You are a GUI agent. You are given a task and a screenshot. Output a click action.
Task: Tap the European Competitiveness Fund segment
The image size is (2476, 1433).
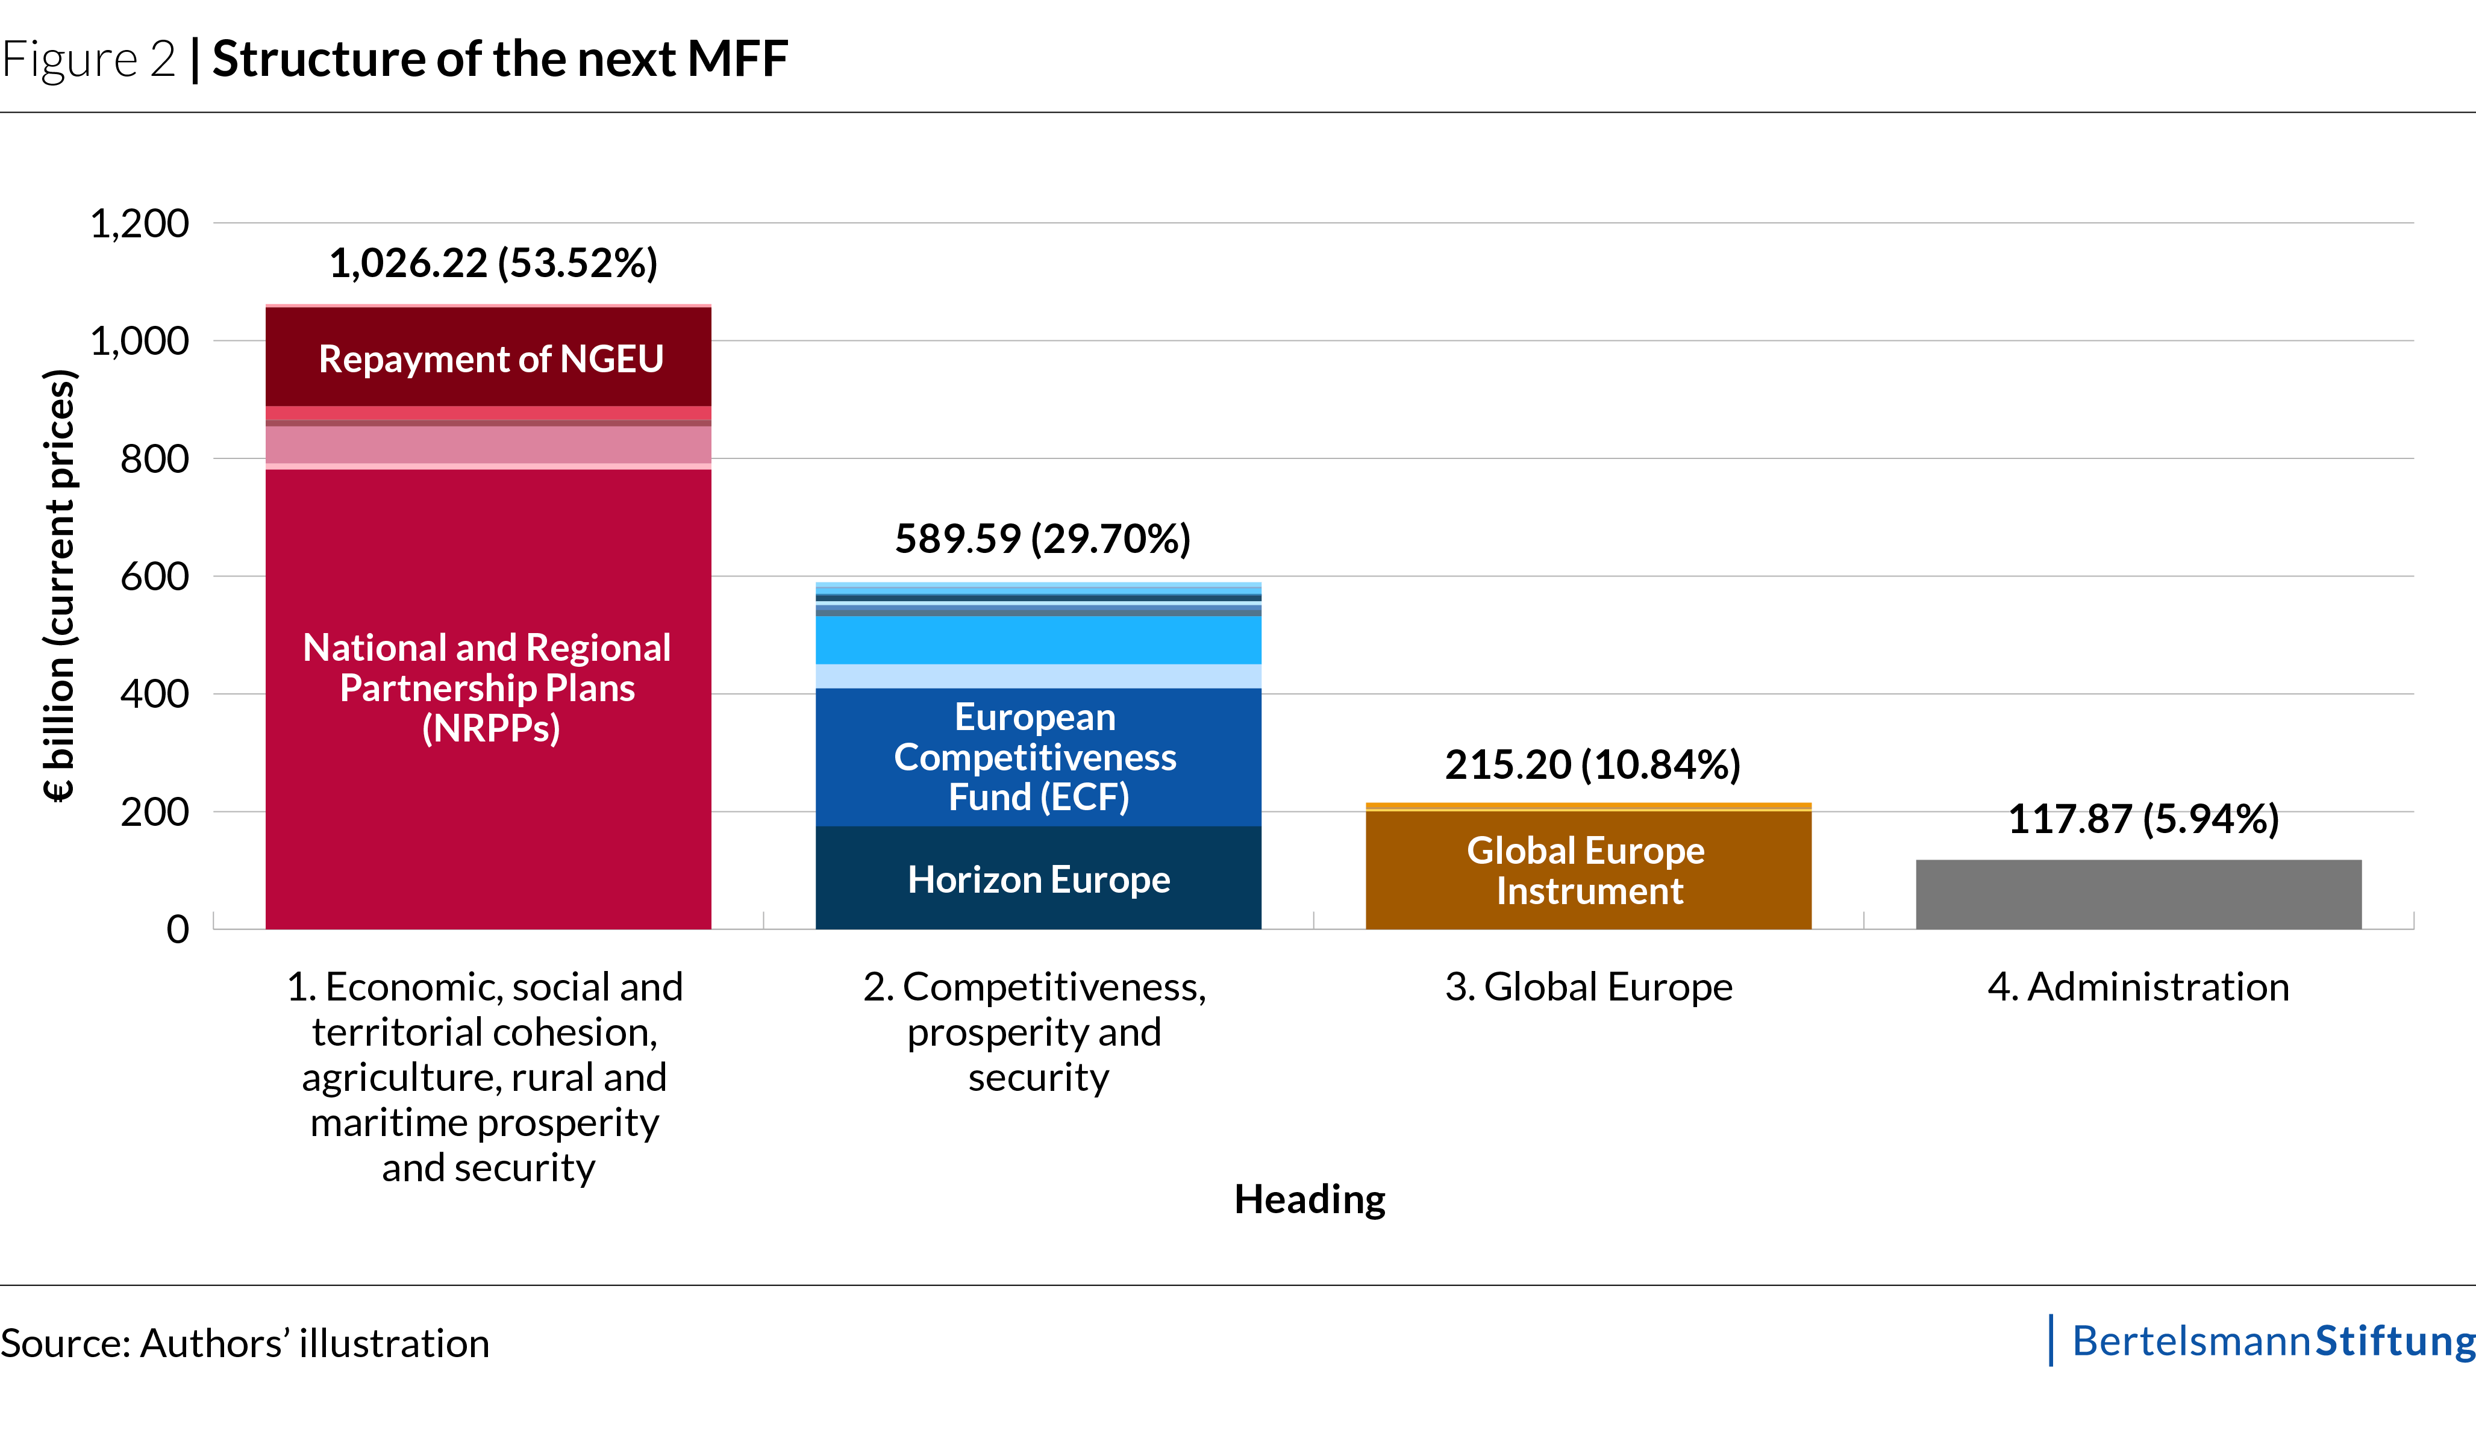[x=1039, y=757]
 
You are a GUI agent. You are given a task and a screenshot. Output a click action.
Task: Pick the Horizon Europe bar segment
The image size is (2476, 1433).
[x=1039, y=878]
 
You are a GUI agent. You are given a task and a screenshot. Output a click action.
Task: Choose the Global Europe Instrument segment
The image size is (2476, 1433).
[x=1589, y=870]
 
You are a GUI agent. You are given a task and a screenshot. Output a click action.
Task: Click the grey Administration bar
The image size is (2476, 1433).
[x=2139, y=894]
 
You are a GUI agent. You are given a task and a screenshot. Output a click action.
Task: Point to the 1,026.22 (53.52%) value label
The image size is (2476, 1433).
[x=493, y=263]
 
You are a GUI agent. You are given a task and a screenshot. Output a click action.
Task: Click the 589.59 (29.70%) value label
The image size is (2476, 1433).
[x=1042, y=539]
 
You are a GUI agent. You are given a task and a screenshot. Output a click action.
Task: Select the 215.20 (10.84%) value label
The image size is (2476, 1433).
[x=1593, y=765]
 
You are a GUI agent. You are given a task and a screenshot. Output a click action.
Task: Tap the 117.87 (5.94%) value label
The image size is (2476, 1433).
[x=2143, y=819]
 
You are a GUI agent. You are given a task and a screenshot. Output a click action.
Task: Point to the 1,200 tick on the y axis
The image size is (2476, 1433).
[x=140, y=224]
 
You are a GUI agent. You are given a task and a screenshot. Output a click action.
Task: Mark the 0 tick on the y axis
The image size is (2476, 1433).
[x=178, y=929]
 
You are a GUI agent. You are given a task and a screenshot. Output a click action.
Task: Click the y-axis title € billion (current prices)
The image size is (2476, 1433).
[x=60, y=585]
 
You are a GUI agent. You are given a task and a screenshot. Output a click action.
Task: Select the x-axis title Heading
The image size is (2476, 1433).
[x=1310, y=1199]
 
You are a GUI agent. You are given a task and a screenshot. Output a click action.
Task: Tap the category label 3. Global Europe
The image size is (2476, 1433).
[x=1589, y=987]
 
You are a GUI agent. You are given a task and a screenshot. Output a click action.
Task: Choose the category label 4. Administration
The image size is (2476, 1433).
[x=2139, y=987]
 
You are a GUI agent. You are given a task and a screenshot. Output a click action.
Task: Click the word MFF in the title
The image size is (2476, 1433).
[x=738, y=59]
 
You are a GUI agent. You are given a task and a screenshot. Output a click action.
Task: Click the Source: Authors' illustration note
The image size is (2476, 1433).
[x=245, y=1344]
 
